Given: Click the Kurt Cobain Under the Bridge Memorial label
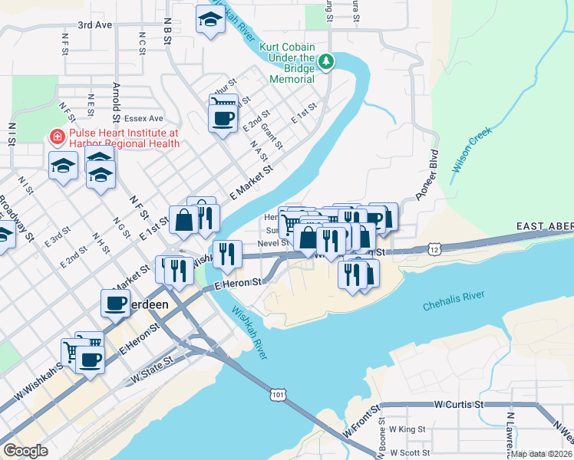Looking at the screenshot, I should (287, 63).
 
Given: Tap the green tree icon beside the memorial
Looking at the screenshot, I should (325, 60).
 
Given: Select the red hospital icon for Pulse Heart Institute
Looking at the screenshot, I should (56, 137).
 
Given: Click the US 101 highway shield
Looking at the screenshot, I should (277, 393).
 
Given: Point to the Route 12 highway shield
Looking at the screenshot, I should (435, 249).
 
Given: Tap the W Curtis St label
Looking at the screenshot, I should (457, 403).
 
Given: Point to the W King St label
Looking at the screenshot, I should (407, 430).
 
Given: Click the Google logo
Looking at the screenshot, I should (25, 451).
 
